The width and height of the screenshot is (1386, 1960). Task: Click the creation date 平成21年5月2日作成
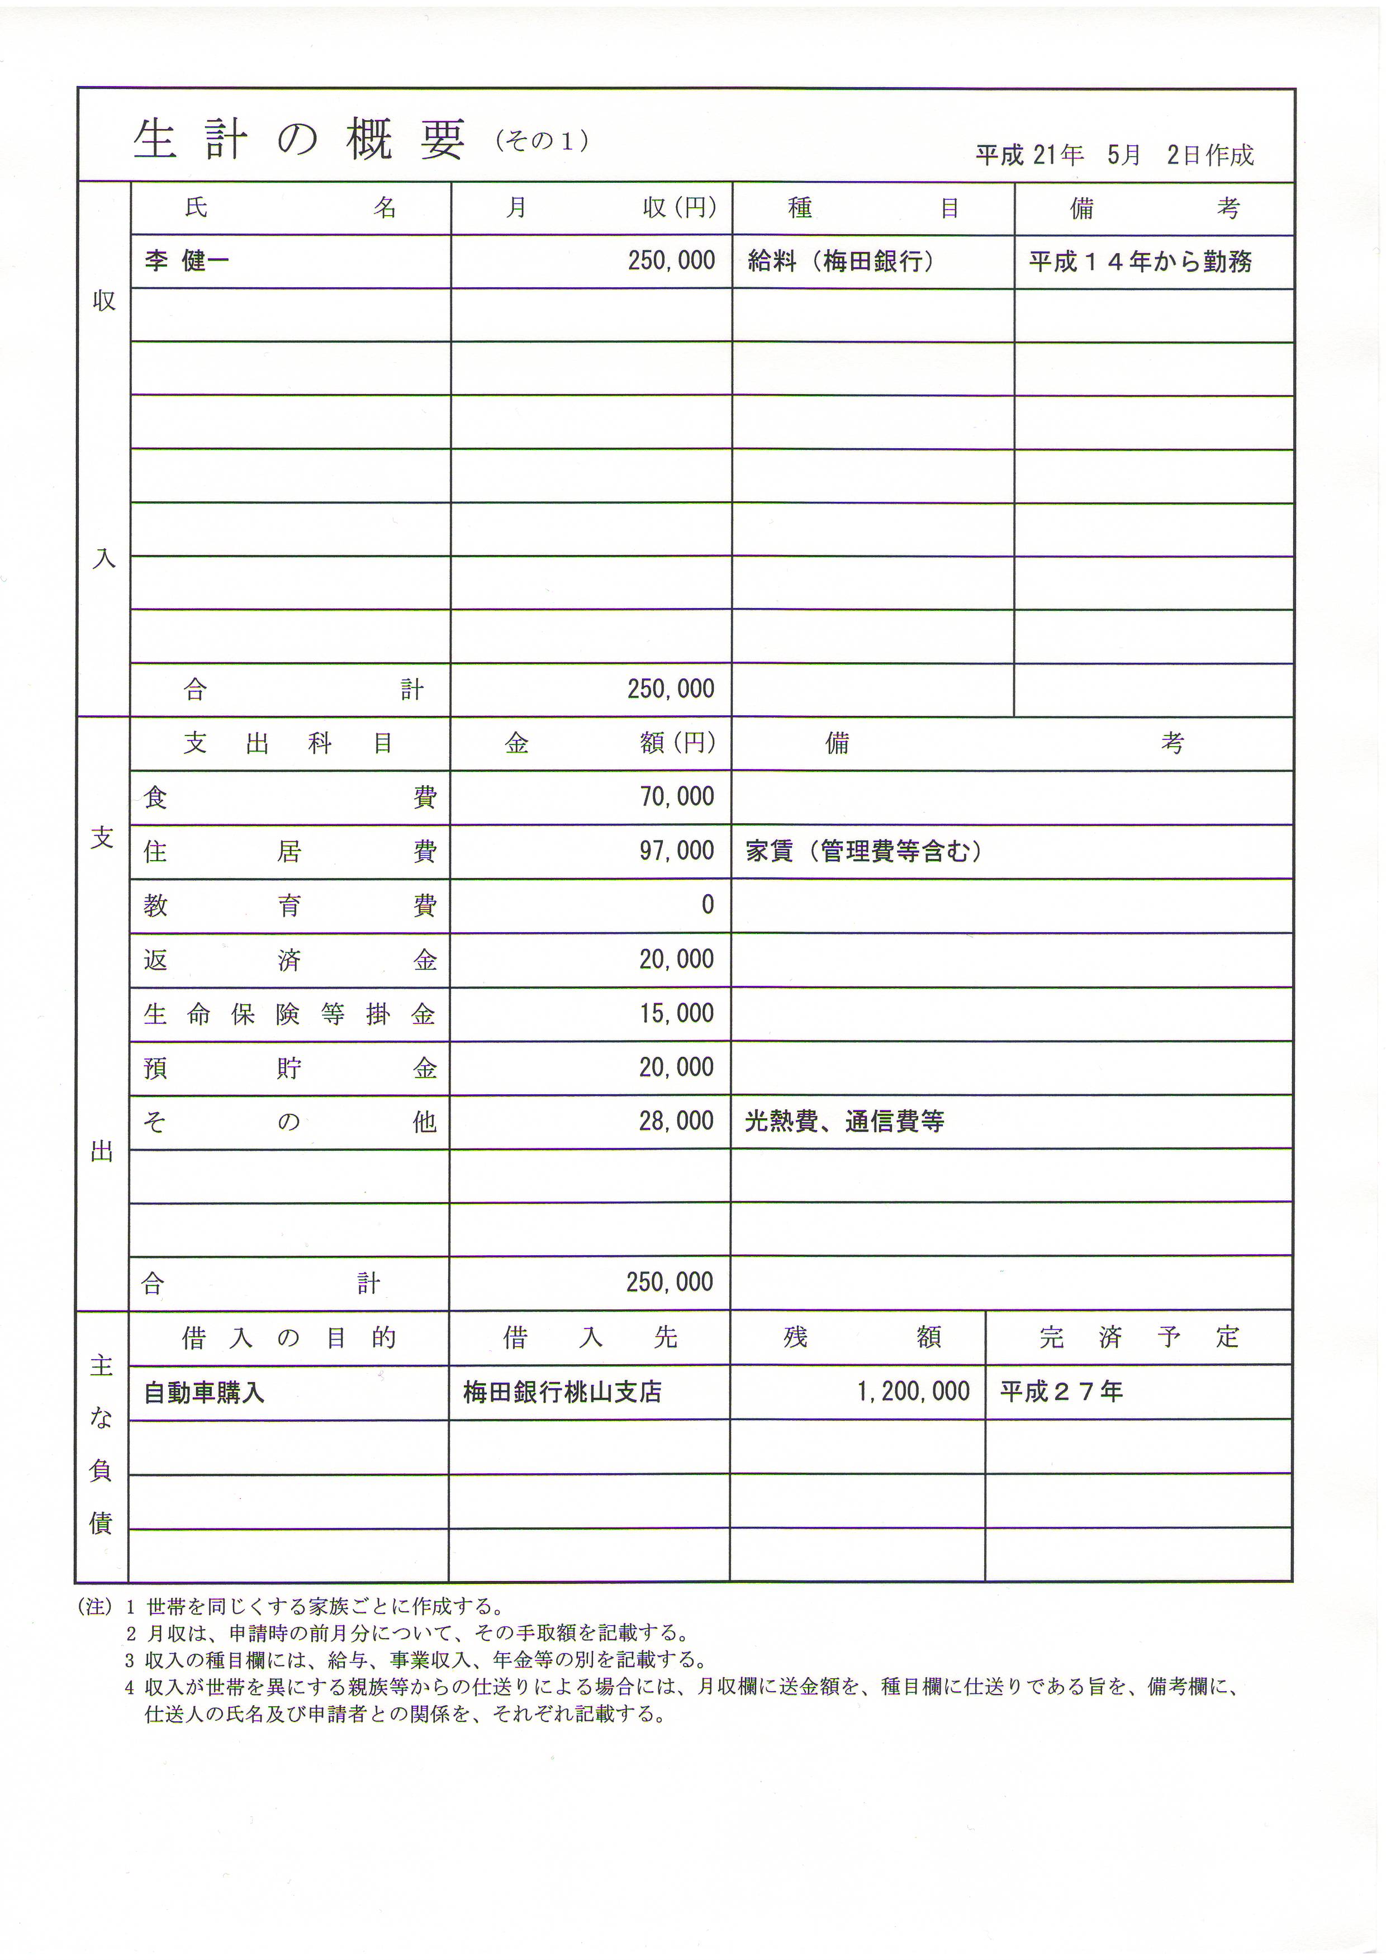pyautogui.click(x=1114, y=155)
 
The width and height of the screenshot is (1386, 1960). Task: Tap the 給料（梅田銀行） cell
pyautogui.click(x=840, y=261)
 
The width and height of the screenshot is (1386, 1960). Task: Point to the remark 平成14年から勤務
pyautogui.click(x=1140, y=261)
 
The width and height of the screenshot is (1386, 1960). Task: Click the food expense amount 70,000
pyautogui.click(x=677, y=796)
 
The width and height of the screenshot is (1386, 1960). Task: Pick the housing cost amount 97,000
pyautogui.click(x=677, y=850)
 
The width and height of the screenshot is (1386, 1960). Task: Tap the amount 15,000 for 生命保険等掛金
pyautogui.click(x=677, y=1013)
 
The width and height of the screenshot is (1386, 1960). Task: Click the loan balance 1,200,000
pyautogui.click(x=913, y=1392)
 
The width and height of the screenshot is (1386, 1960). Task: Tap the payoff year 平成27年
pyautogui.click(x=1061, y=1392)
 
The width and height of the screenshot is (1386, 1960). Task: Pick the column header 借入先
pyautogui.click(x=590, y=1337)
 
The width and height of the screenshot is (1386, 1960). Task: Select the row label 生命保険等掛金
pyautogui.click(x=289, y=1014)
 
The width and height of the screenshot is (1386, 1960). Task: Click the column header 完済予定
pyautogui.click(x=1138, y=1337)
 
